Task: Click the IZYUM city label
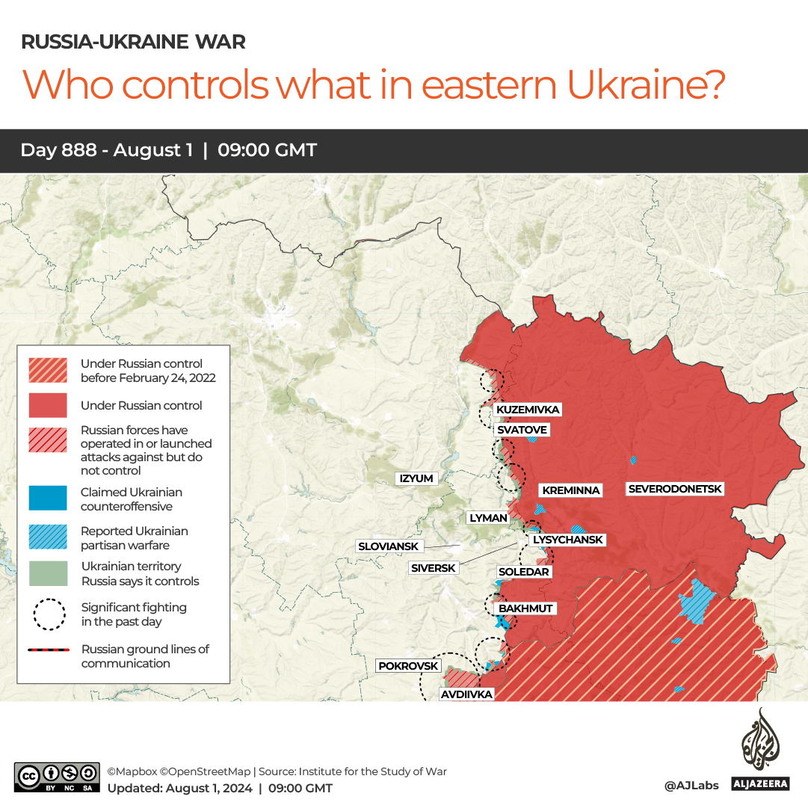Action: [x=416, y=478]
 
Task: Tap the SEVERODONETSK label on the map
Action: [x=675, y=489]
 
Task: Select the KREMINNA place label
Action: [x=571, y=490]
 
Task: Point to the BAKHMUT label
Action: [x=525, y=608]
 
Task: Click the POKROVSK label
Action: [x=408, y=665]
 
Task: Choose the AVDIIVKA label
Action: [x=466, y=694]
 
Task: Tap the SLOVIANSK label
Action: [x=388, y=546]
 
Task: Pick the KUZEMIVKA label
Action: [x=528, y=410]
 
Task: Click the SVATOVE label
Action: [x=522, y=430]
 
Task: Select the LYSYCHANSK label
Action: [x=567, y=540]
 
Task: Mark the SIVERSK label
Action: [x=434, y=568]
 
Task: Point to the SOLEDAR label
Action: [x=523, y=572]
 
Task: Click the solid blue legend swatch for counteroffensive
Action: [x=48, y=499]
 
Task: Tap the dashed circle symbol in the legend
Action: [x=48, y=614]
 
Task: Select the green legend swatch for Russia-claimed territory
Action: [x=48, y=573]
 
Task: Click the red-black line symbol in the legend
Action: [x=48, y=650]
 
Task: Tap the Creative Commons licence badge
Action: [x=57, y=777]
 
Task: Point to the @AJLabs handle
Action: [x=691, y=786]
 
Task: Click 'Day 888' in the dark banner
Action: [x=58, y=150]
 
